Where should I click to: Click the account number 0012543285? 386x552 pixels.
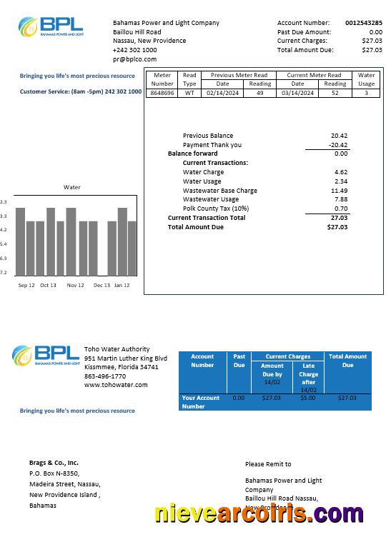coord(364,23)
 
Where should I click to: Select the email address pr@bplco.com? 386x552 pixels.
coord(134,59)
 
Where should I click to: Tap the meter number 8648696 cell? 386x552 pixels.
coord(162,93)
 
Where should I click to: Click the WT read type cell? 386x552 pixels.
coord(189,93)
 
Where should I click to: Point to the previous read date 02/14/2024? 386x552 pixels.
coord(222,93)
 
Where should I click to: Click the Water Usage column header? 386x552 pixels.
coord(366,79)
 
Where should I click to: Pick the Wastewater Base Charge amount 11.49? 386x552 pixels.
coord(339,191)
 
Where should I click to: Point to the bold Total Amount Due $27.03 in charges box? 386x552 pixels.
coord(337,227)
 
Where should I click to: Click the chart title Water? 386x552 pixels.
coord(72,187)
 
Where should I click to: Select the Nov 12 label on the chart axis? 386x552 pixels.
coord(75,286)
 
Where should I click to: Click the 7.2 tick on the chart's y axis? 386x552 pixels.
coord(4,272)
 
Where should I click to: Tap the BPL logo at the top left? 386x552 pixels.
coord(51,27)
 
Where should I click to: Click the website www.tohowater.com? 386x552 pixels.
coord(116,385)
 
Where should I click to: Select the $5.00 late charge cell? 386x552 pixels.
coord(308,398)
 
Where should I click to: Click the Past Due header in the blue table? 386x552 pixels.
coord(239,361)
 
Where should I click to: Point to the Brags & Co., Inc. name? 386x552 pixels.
coord(54,463)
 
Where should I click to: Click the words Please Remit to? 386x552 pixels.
coord(268,464)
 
